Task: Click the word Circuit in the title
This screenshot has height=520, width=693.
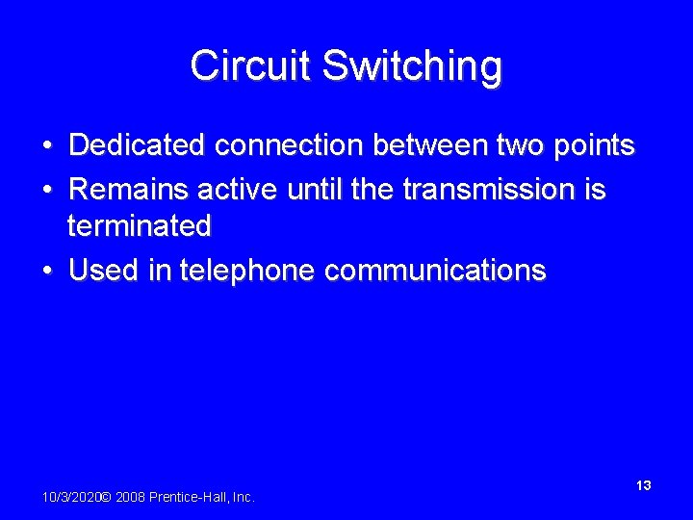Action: click(x=251, y=66)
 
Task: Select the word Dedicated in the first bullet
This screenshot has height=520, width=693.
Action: click(x=138, y=145)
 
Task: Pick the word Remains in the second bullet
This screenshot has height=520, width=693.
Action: click(x=127, y=189)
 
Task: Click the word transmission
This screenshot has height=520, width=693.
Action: click(x=490, y=189)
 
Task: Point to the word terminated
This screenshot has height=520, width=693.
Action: click(x=139, y=227)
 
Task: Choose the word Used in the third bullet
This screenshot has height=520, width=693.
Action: click(x=102, y=271)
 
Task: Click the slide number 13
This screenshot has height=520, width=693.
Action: click(x=644, y=485)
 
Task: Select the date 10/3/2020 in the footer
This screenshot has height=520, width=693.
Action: click(x=71, y=497)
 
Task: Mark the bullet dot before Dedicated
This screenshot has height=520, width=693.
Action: click(x=46, y=146)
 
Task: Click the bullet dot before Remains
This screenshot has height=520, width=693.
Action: click(x=46, y=190)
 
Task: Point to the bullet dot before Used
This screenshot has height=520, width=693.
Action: click(x=46, y=272)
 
